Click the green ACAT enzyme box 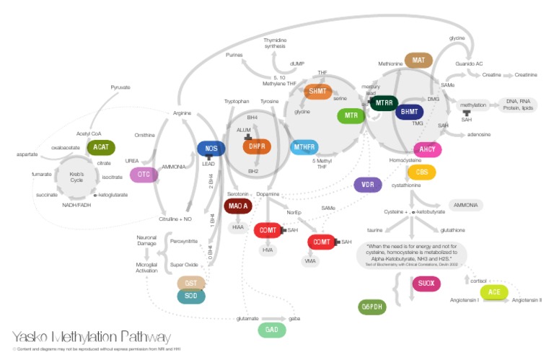(100, 147)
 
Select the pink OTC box (143, 175)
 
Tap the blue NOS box (211, 149)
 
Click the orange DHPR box (257, 147)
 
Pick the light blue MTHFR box (305, 148)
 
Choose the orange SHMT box (317, 92)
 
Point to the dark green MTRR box (384, 103)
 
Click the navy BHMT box (409, 112)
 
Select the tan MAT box (418, 61)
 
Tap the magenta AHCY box (427, 149)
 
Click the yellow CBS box (421, 172)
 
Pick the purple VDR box (368, 184)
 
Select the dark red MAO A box (237, 206)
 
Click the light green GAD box (272, 330)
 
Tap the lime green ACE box (494, 292)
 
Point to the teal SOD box (191, 296)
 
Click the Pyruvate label (120, 87)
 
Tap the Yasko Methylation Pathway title (92, 337)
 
